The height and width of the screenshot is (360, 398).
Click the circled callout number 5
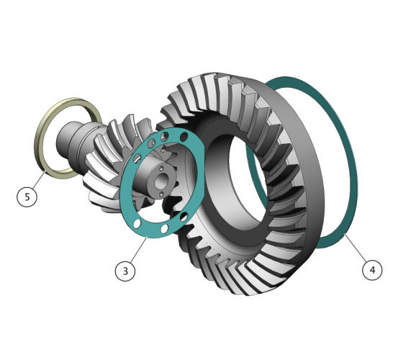tap(27, 197)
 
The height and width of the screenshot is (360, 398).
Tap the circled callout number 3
tap(125, 271)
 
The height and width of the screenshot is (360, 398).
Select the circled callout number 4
tap(372, 270)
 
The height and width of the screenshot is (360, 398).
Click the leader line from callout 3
tap(139, 250)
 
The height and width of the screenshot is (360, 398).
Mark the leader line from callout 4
tap(355, 247)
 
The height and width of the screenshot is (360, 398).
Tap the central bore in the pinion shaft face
tap(160, 181)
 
